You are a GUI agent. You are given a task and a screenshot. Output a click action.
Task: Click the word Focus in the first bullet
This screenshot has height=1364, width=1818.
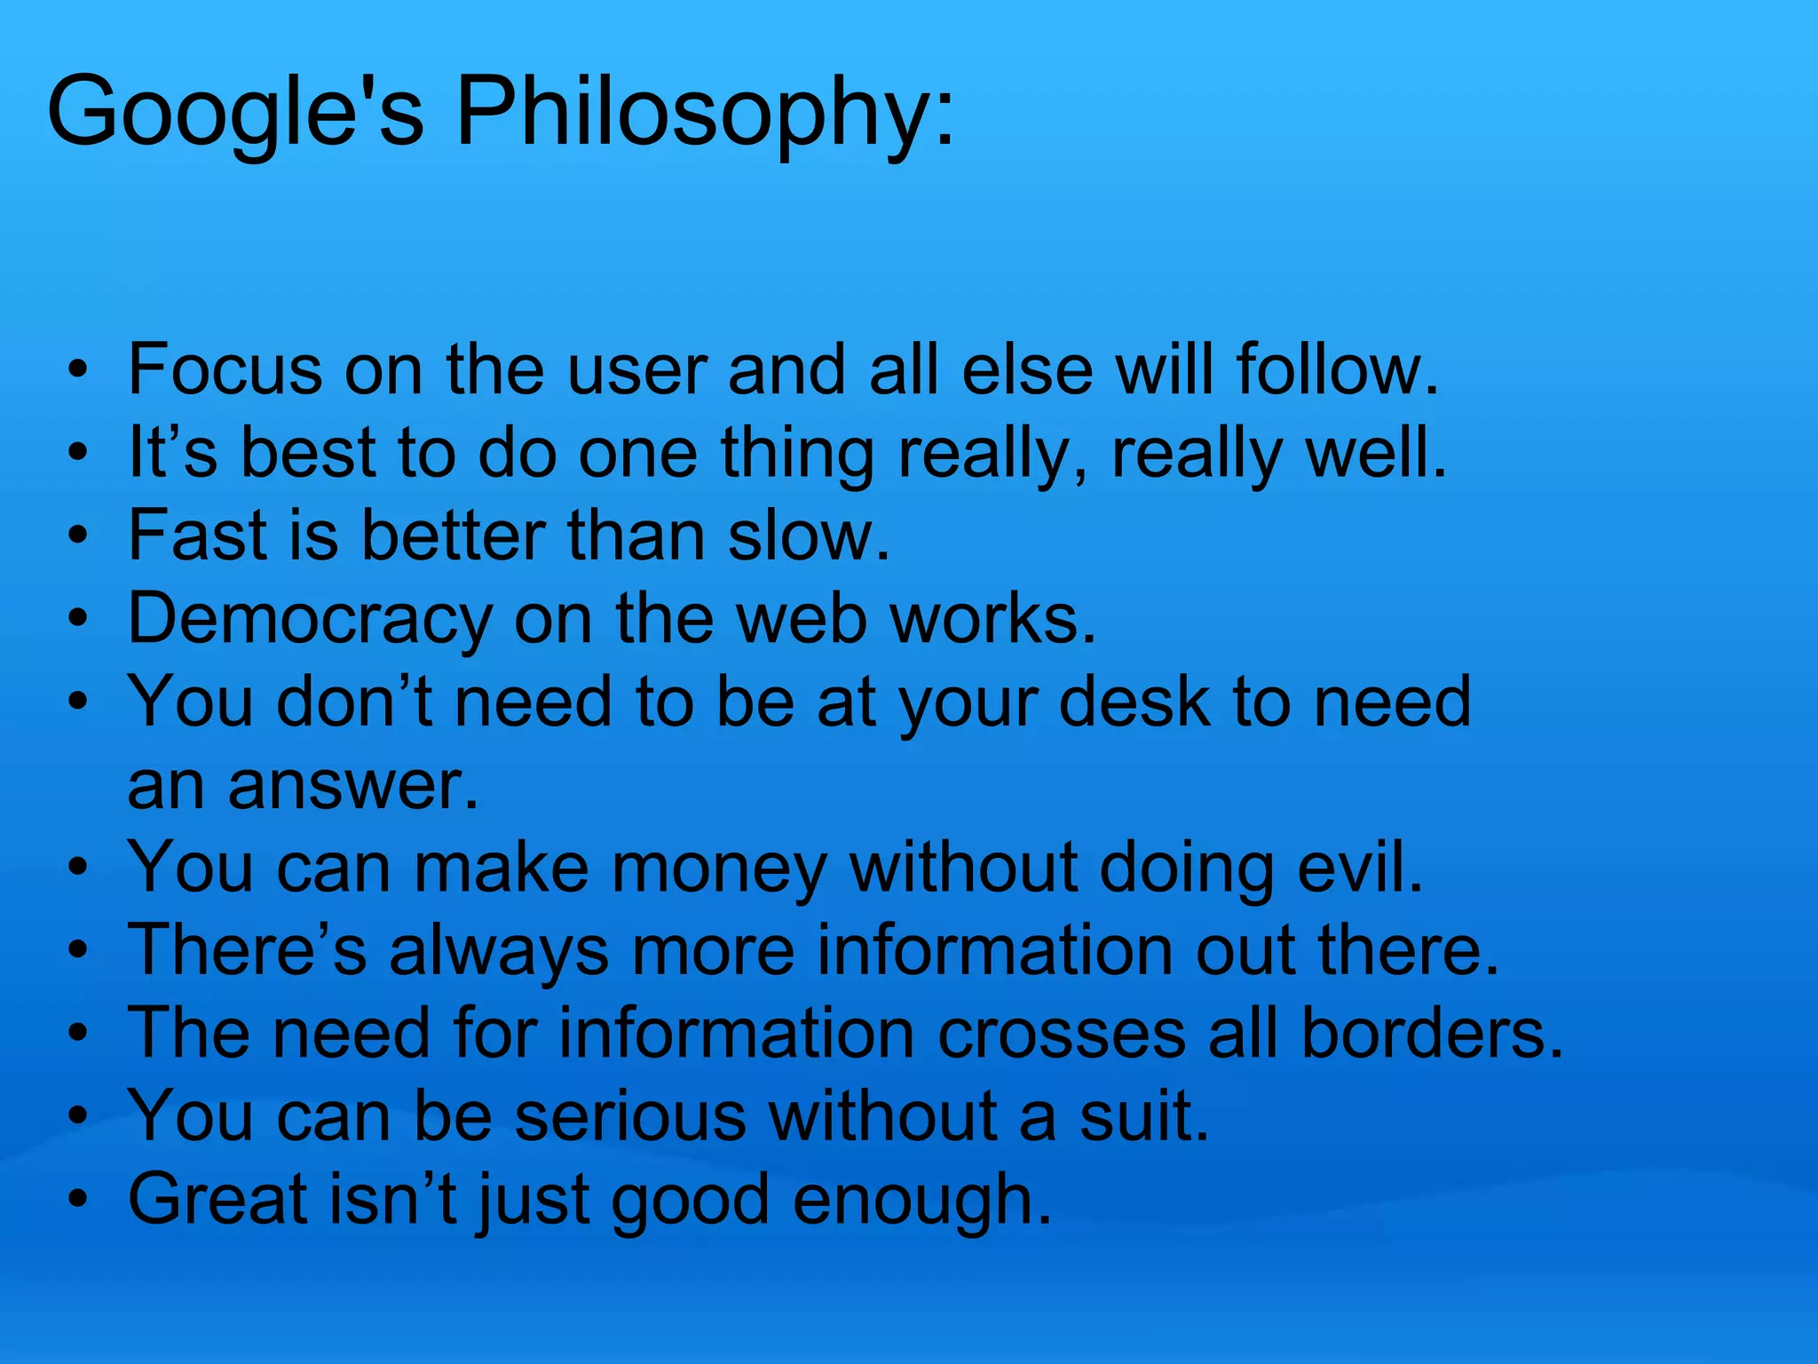[x=225, y=369]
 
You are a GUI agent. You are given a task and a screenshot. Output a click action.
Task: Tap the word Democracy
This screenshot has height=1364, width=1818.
[x=310, y=619]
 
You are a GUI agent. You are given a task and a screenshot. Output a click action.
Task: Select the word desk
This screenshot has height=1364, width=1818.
[x=1135, y=702]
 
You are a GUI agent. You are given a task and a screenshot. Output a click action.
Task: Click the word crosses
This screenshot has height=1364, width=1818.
[x=1062, y=1034]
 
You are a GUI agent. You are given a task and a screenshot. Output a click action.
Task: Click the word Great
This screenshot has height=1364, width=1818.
[x=218, y=1200]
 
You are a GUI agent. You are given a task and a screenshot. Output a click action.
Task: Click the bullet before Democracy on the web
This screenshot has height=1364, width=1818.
[x=79, y=619]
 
